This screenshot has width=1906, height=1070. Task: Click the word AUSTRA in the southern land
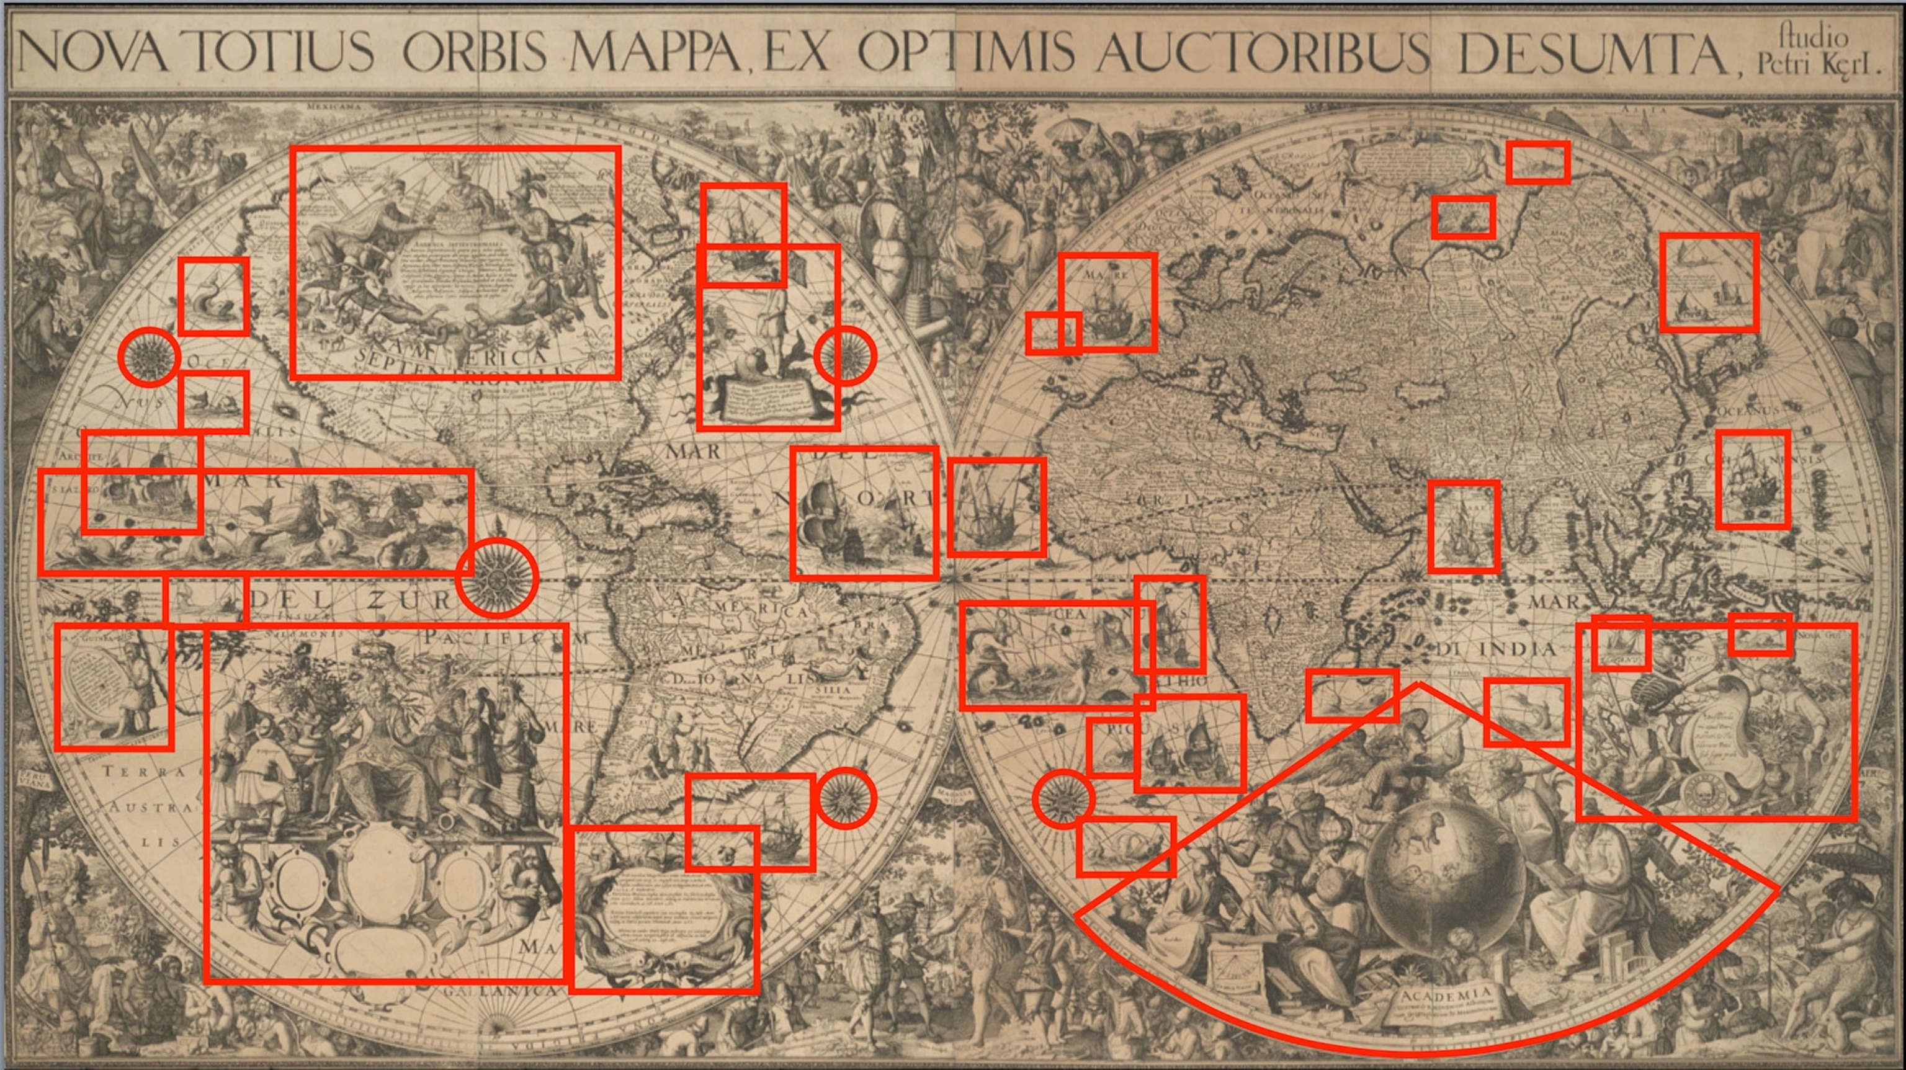click(151, 806)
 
